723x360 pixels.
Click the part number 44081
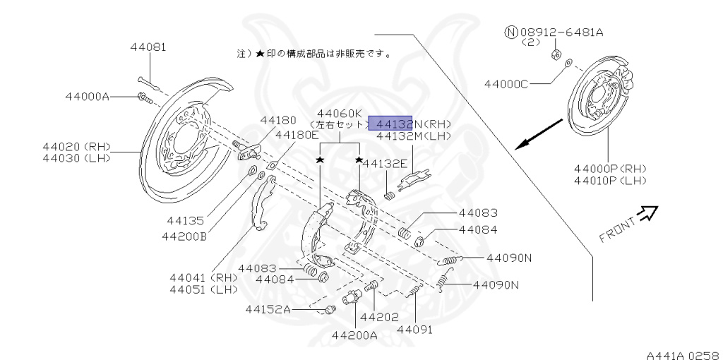click(148, 47)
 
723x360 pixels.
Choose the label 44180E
click(297, 135)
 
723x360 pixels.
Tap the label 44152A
click(269, 309)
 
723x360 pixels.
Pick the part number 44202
click(379, 317)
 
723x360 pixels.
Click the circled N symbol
click(511, 32)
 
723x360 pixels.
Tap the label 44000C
click(506, 84)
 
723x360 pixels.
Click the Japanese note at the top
click(314, 53)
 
